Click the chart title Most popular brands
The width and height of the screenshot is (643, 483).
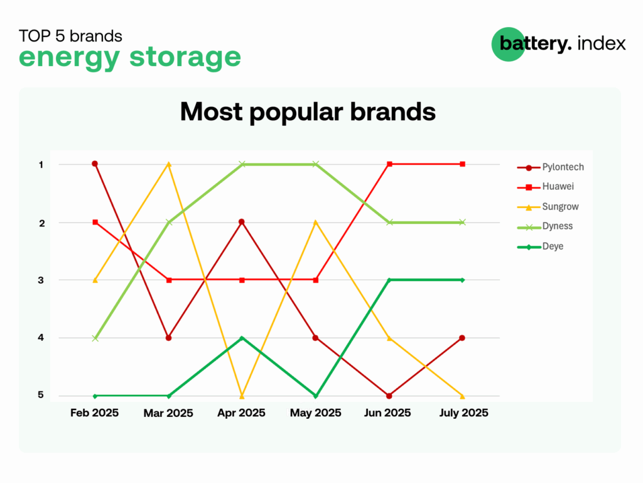(x=308, y=112)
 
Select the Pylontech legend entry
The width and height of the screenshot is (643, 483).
(x=550, y=167)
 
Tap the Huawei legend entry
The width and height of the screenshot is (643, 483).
(x=546, y=186)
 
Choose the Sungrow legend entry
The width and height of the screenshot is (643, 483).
(x=548, y=206)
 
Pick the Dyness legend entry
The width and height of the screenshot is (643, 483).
(x=545, y=226)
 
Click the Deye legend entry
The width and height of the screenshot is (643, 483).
(x=541, y=247)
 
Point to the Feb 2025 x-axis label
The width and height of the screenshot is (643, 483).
(x=94, y=413)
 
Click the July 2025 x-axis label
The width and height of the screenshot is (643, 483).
(x=464, y=413)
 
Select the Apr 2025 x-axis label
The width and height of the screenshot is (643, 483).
(x=241, y=413)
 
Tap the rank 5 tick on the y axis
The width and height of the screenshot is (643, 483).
(x=41, y=395)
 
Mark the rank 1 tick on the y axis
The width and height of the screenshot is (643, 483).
(x=41, y=165)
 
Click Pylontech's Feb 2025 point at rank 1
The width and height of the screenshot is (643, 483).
(x=95, y=164)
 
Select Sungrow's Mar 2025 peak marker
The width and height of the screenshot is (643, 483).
(x=168, y=164)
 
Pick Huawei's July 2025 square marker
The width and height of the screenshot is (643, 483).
(x=463, y=164)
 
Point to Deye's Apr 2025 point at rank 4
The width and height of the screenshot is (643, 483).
(x=242, y=338)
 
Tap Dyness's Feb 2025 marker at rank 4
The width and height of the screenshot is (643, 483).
(x=95, y=338)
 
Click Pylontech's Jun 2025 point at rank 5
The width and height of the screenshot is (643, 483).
(x=389, y=396)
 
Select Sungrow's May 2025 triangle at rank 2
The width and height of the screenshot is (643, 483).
(x=315, y=222)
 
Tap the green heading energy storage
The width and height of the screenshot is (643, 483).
(x=129, y=57)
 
